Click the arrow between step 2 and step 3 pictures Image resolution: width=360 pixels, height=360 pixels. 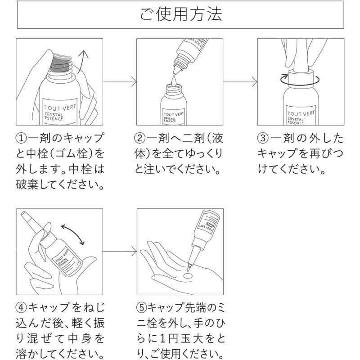(241, 82)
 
